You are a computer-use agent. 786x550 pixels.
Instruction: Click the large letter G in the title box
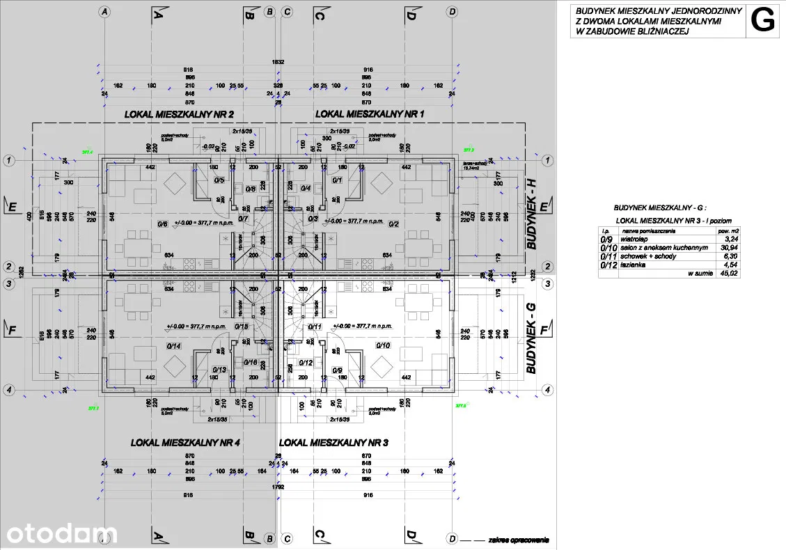point(764,22)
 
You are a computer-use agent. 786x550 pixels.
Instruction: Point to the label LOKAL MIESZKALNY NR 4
point(186,443)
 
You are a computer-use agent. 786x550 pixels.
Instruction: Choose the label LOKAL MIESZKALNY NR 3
point(333,443)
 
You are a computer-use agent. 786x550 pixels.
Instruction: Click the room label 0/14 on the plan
point(174,345)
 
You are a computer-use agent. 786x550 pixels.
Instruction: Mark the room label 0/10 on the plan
point(383,345)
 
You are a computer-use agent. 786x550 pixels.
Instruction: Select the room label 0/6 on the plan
point(163,224)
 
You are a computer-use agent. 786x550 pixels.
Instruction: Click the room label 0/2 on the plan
point(393,224)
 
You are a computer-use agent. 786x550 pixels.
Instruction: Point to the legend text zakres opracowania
point(519,539)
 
